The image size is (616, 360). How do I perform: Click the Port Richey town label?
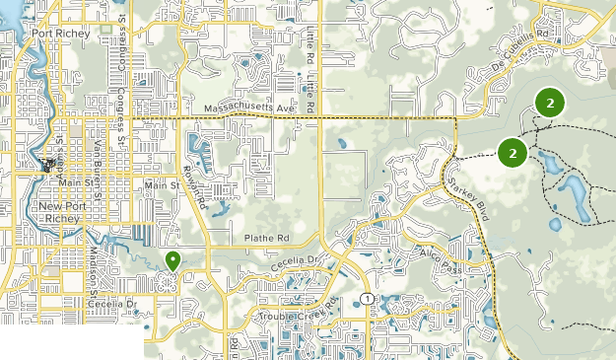click(x=60, y=33)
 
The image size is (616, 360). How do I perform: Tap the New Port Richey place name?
click(x=64, y=212)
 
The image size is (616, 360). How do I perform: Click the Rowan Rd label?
click(x=198, y=190)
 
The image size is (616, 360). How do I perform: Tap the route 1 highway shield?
click(x=366, y=298)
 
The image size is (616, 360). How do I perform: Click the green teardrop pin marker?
click(x=172, y=260)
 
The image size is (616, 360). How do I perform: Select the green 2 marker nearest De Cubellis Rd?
click(x=548, y=101)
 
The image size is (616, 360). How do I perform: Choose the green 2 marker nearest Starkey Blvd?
click(x=512, y=152)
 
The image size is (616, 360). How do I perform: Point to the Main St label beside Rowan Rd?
click(x=161, y=184)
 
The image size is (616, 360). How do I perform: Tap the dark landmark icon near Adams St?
click(x=48, y=166)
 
